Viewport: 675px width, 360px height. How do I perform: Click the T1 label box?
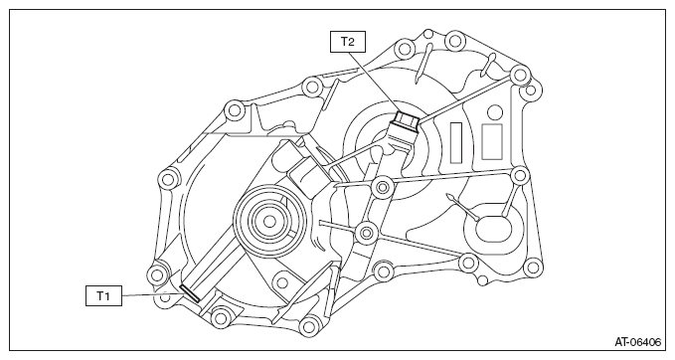tap(103, 295)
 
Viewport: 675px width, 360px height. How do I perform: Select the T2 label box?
tap(348, 42)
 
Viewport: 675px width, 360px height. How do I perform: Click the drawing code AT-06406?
tap(637, 342)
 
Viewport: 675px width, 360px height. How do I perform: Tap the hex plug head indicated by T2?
tap(406, 119)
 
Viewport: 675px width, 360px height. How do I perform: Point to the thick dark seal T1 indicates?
tap(190, 293)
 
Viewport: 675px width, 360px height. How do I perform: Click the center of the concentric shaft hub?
tap(269, 222)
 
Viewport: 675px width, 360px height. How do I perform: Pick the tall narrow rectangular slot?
tap(456, 142)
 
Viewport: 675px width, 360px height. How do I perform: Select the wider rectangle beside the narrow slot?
tap(492, 141)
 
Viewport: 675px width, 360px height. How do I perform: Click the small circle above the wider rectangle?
tap(496, 112)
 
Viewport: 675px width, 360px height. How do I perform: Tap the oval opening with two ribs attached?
tap(492, 228)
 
